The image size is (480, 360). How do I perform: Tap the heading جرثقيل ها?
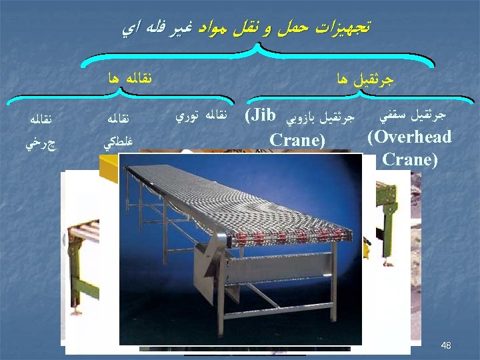(x=366, y=80)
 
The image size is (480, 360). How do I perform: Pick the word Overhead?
(x=409, y=138)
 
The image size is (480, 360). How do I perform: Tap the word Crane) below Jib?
(x=297, y=141)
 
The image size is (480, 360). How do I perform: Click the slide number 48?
(x=446, y=345)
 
